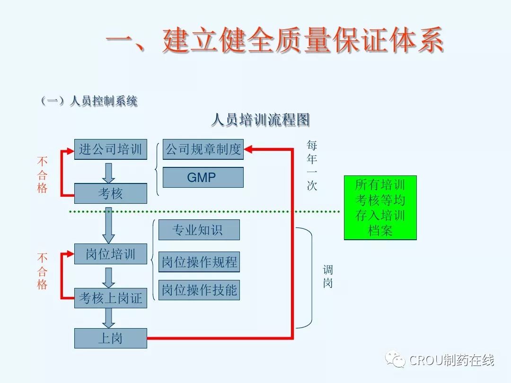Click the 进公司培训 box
(111, 149)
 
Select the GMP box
(203, 177)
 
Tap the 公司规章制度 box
(203, 149)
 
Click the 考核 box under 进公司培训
(111, 193)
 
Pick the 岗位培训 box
(111, 254)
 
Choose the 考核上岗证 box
(111, 298)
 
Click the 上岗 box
(111, 339)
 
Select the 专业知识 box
(199, 230)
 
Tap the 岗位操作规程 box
(199, 262)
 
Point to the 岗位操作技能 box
(199, 290)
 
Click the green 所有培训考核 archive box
(380, 208)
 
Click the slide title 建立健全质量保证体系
(274, 40)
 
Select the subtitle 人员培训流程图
(260, 120)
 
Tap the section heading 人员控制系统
(89, 101)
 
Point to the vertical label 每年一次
(312, 165)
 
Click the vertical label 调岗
(328, 277)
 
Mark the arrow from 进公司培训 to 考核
(109, 173)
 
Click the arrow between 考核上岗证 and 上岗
(109, 318)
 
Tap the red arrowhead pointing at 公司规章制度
(249, 149)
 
